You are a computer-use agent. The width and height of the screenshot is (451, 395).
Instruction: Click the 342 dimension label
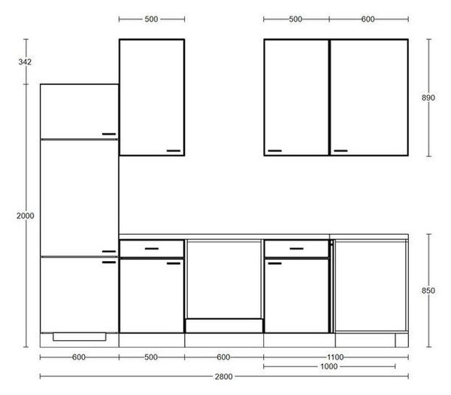(x=25, y=62)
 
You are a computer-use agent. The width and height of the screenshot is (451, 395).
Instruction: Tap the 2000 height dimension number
(x=26, y=216)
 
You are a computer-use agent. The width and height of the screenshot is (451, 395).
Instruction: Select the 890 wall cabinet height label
(x=428, y=98)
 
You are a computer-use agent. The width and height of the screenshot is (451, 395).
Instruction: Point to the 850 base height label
(x=428, y=290)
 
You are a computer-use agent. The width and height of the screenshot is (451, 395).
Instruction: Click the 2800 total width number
(x=224, y=377)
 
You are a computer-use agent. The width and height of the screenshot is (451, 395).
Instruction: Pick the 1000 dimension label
(x=329, y=366)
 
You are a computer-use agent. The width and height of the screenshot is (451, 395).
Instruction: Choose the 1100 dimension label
(x=335, y=357)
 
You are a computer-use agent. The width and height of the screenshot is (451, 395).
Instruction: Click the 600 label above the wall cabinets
(x=368, y=20)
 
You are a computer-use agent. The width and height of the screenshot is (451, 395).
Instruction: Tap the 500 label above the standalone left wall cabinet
(x=151, y=20)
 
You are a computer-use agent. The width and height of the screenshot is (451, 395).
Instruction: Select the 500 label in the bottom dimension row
(x=151, y=357)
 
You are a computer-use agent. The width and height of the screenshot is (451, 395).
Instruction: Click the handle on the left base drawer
(x=152, y=248)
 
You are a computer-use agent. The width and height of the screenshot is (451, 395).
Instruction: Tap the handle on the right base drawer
(x=297, y=248)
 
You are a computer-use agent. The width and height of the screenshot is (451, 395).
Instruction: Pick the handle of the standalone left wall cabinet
(x=174, y=150)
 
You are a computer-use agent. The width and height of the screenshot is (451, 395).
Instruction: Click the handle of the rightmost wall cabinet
(x=341, y=150)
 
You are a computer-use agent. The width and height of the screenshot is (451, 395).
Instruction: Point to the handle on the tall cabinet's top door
(x=109, y=134)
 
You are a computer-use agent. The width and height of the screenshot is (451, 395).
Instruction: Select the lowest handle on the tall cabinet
(x=109, y=263)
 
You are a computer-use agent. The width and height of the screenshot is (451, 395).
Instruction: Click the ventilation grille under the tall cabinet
(x=80, y=336)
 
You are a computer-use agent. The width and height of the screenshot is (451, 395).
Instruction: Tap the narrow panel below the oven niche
(x=224, y=326)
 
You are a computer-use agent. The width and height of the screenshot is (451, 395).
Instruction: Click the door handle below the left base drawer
(x=174, y=263)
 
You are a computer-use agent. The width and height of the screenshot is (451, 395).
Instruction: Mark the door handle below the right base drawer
(x=274, y=263)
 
